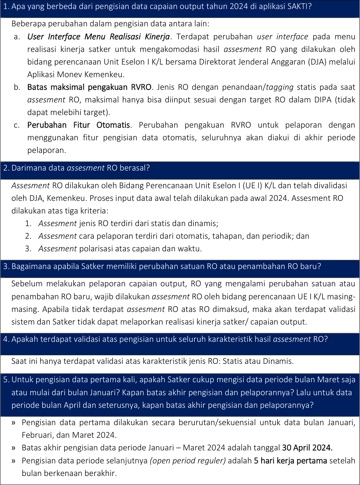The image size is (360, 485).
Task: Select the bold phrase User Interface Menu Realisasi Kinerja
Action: pyautogui.click(x=98, y=37)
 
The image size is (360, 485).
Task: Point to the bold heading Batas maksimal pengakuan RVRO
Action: pyautogui.click(x=89, y=87)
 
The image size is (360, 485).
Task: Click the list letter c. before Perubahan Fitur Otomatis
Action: pyautogui.click(x=17, y=125)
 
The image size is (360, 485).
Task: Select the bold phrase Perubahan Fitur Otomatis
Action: pyautogui.click(x=78, y=125)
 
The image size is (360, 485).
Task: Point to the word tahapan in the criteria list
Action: pyautogui.click(x=225, y=236)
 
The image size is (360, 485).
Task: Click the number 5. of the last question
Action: pyautogui.click(x=6, y=380)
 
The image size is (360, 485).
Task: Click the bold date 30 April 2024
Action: pyautogui.click(x=307, y=448)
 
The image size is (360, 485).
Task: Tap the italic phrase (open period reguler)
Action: pyautogui.click(x=188, y=461)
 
